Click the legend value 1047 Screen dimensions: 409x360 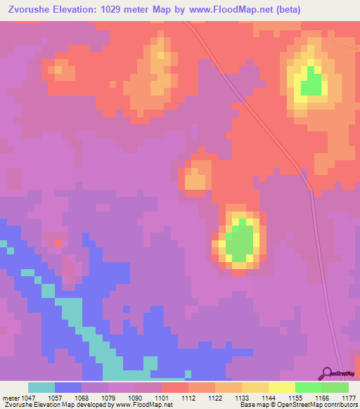(x=27, y=398)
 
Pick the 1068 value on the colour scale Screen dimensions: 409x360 (x=81, y=398)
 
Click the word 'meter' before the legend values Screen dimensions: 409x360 (x=9, y=398)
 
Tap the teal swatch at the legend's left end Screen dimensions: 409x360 (x=41, y=387)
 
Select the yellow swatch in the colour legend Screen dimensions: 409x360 (x=281, y=387)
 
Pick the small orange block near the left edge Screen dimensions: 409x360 (x=60, y=69)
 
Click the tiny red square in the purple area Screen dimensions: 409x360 (x=57, y=243)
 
